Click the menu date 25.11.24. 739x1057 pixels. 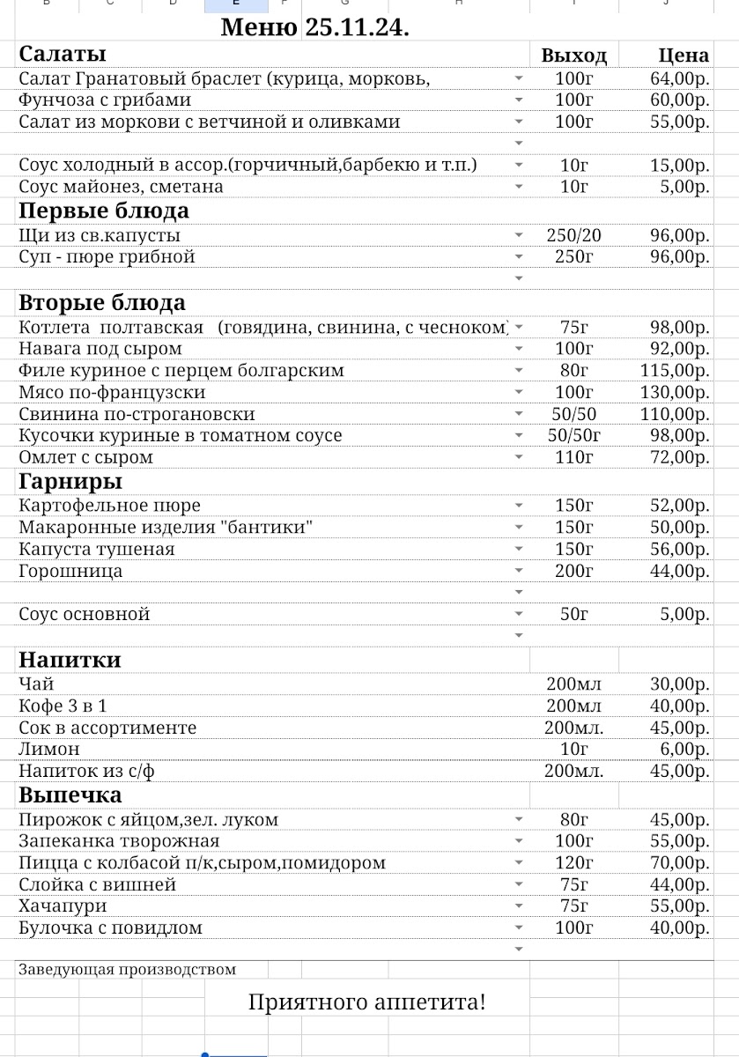tap(357, 27)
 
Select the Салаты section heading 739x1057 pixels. tap(63, 54)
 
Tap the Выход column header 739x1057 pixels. tap(573, 56)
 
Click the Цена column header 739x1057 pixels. tap(684, 56)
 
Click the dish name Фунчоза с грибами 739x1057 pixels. tap(105, 100)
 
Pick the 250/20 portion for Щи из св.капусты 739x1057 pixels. tap(573, 236)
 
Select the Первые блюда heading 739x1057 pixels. tap(104, 211)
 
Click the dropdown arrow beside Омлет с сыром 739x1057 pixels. tap(519, 458)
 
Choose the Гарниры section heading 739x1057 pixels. tap(70, 482)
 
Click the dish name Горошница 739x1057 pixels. tap(71, 572)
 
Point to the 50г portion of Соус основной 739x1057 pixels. tap(573, 615)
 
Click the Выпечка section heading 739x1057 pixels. tap(70, 795)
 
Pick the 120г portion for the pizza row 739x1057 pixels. tap(573, 863)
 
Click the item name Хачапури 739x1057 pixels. tap(63, 906)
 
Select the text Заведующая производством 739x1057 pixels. tap(128, 970)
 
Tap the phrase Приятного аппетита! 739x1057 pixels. tap(366, 1002)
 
